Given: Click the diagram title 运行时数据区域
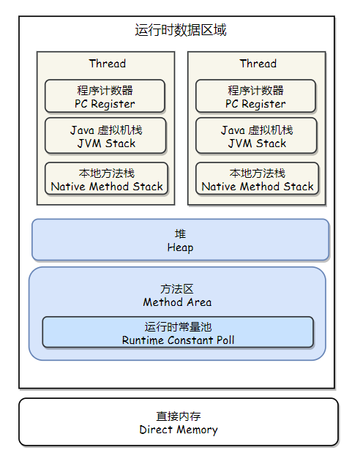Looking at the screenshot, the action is click(181, 30).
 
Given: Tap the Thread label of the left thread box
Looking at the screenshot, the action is click(108, 64).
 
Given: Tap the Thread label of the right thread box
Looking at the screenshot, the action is click(258, 64).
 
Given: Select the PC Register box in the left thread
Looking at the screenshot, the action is click(105, 96).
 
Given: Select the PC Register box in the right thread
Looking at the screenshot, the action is click(255, 96).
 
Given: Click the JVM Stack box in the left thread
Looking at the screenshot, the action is click(105, 135).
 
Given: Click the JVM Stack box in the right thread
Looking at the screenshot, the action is click(257, 135).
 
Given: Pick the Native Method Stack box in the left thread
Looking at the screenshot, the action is click(107, 179).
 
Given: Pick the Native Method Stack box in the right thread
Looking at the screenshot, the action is click(258, 179).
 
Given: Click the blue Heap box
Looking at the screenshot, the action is click(181, 240).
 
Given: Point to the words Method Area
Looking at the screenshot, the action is click(178, 302).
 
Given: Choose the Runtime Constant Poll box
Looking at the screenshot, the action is click(178, 332).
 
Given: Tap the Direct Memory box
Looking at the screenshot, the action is click(179, 422).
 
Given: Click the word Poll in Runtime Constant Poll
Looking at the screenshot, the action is click(225, 340).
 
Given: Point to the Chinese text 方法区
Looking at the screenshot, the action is click(177, 289).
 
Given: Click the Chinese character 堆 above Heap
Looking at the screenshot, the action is click(181, 233).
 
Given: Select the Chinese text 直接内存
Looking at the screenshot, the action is click(179, 416).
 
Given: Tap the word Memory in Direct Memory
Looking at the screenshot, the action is click(198, 430).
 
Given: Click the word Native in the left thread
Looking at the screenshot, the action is click(68, 187).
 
